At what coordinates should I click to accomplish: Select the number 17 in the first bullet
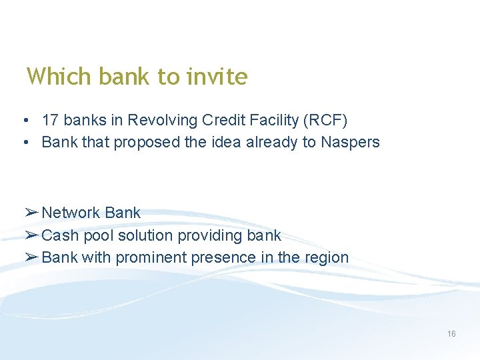tap(49, 120)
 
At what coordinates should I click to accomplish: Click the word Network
tap(71, 213)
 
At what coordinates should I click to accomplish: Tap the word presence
tap(223, 257)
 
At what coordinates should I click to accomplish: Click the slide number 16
tap(451, 334)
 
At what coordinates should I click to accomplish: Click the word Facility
tap(271, 120)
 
